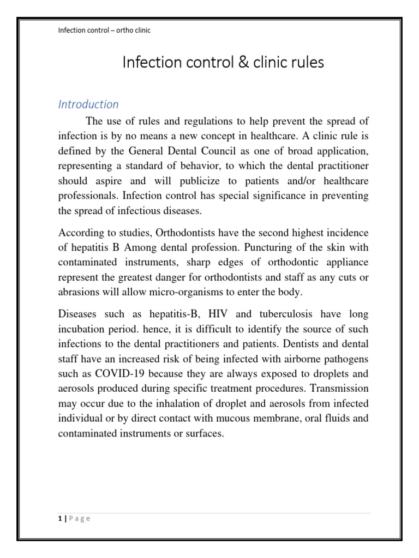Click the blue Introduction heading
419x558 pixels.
tap(88, 104)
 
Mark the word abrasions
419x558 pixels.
tap(77, 292)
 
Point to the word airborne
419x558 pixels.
tap(304, 359)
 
